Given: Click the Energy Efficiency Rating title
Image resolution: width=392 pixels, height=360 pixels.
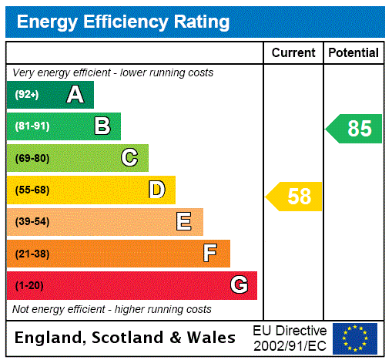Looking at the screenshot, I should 123,22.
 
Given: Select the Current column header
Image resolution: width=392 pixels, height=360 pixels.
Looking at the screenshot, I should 293,53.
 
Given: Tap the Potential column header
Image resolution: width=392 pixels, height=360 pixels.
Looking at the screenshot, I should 353,53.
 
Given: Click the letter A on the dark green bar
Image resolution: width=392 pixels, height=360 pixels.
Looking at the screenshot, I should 75,95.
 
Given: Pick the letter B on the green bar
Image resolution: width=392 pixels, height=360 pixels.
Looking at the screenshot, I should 102,126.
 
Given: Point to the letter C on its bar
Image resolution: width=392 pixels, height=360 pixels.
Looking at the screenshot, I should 129,158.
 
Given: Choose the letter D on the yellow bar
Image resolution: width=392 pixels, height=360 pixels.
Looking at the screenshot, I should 157,190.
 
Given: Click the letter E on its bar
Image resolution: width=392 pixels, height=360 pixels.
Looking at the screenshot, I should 184,222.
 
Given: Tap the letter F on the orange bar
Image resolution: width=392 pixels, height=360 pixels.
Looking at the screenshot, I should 210,253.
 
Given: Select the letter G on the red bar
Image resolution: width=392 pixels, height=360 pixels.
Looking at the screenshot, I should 239,285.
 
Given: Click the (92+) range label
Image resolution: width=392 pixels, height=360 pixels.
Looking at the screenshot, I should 27,95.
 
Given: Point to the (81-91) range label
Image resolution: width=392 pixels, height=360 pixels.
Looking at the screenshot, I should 32,126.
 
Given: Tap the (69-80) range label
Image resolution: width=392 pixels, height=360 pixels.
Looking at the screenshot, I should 32,158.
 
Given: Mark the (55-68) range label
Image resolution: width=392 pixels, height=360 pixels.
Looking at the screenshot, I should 32,190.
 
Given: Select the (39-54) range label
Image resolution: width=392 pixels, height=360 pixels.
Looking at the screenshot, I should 32,222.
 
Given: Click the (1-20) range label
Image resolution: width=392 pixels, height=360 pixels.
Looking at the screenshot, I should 29,285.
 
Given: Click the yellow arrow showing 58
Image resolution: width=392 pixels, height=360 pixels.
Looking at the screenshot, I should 295,197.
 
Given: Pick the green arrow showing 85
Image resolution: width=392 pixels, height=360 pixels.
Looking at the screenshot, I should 355,129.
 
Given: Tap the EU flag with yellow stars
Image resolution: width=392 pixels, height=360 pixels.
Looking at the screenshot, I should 355,338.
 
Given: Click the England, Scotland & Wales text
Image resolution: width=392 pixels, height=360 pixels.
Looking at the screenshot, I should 126,338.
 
